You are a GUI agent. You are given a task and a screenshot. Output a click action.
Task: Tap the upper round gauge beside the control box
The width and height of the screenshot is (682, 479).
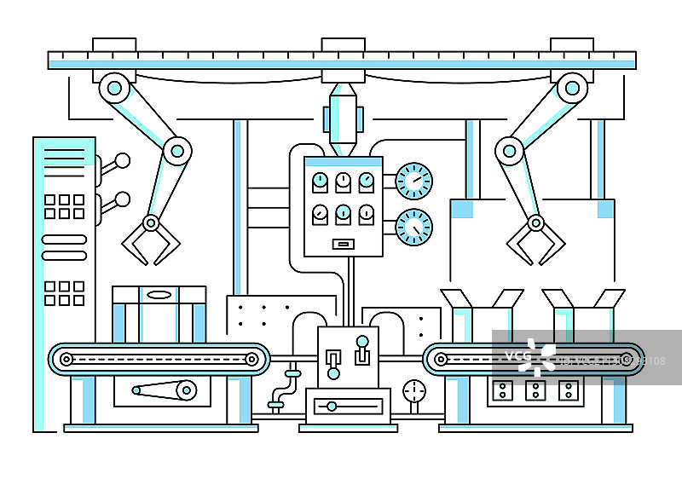click(415, 181)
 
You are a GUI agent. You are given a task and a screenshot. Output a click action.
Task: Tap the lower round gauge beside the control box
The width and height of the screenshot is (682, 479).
click(415, 227)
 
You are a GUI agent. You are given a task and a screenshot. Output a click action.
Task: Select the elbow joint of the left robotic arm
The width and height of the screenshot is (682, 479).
click(176, 151)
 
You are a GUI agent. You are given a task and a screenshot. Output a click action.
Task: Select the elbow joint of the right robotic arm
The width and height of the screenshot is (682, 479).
click(510, 151)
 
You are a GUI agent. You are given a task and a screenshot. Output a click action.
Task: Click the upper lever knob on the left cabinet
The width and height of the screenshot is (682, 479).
click(123, 160)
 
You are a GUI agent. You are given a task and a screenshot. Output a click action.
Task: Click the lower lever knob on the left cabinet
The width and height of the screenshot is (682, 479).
click(123, 199)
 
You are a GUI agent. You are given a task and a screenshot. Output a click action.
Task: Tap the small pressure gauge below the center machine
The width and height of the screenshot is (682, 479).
click(414, 391)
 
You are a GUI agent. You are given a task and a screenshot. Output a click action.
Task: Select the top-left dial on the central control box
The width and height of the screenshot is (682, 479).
click(320, 181)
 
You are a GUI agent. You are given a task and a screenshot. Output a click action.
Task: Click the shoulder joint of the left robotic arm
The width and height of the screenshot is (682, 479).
click(114, 87)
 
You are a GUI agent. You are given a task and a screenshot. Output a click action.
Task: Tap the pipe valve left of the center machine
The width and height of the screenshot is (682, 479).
click(293, 372)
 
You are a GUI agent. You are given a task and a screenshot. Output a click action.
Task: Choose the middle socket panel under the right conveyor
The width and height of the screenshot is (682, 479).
click(535, 390)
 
